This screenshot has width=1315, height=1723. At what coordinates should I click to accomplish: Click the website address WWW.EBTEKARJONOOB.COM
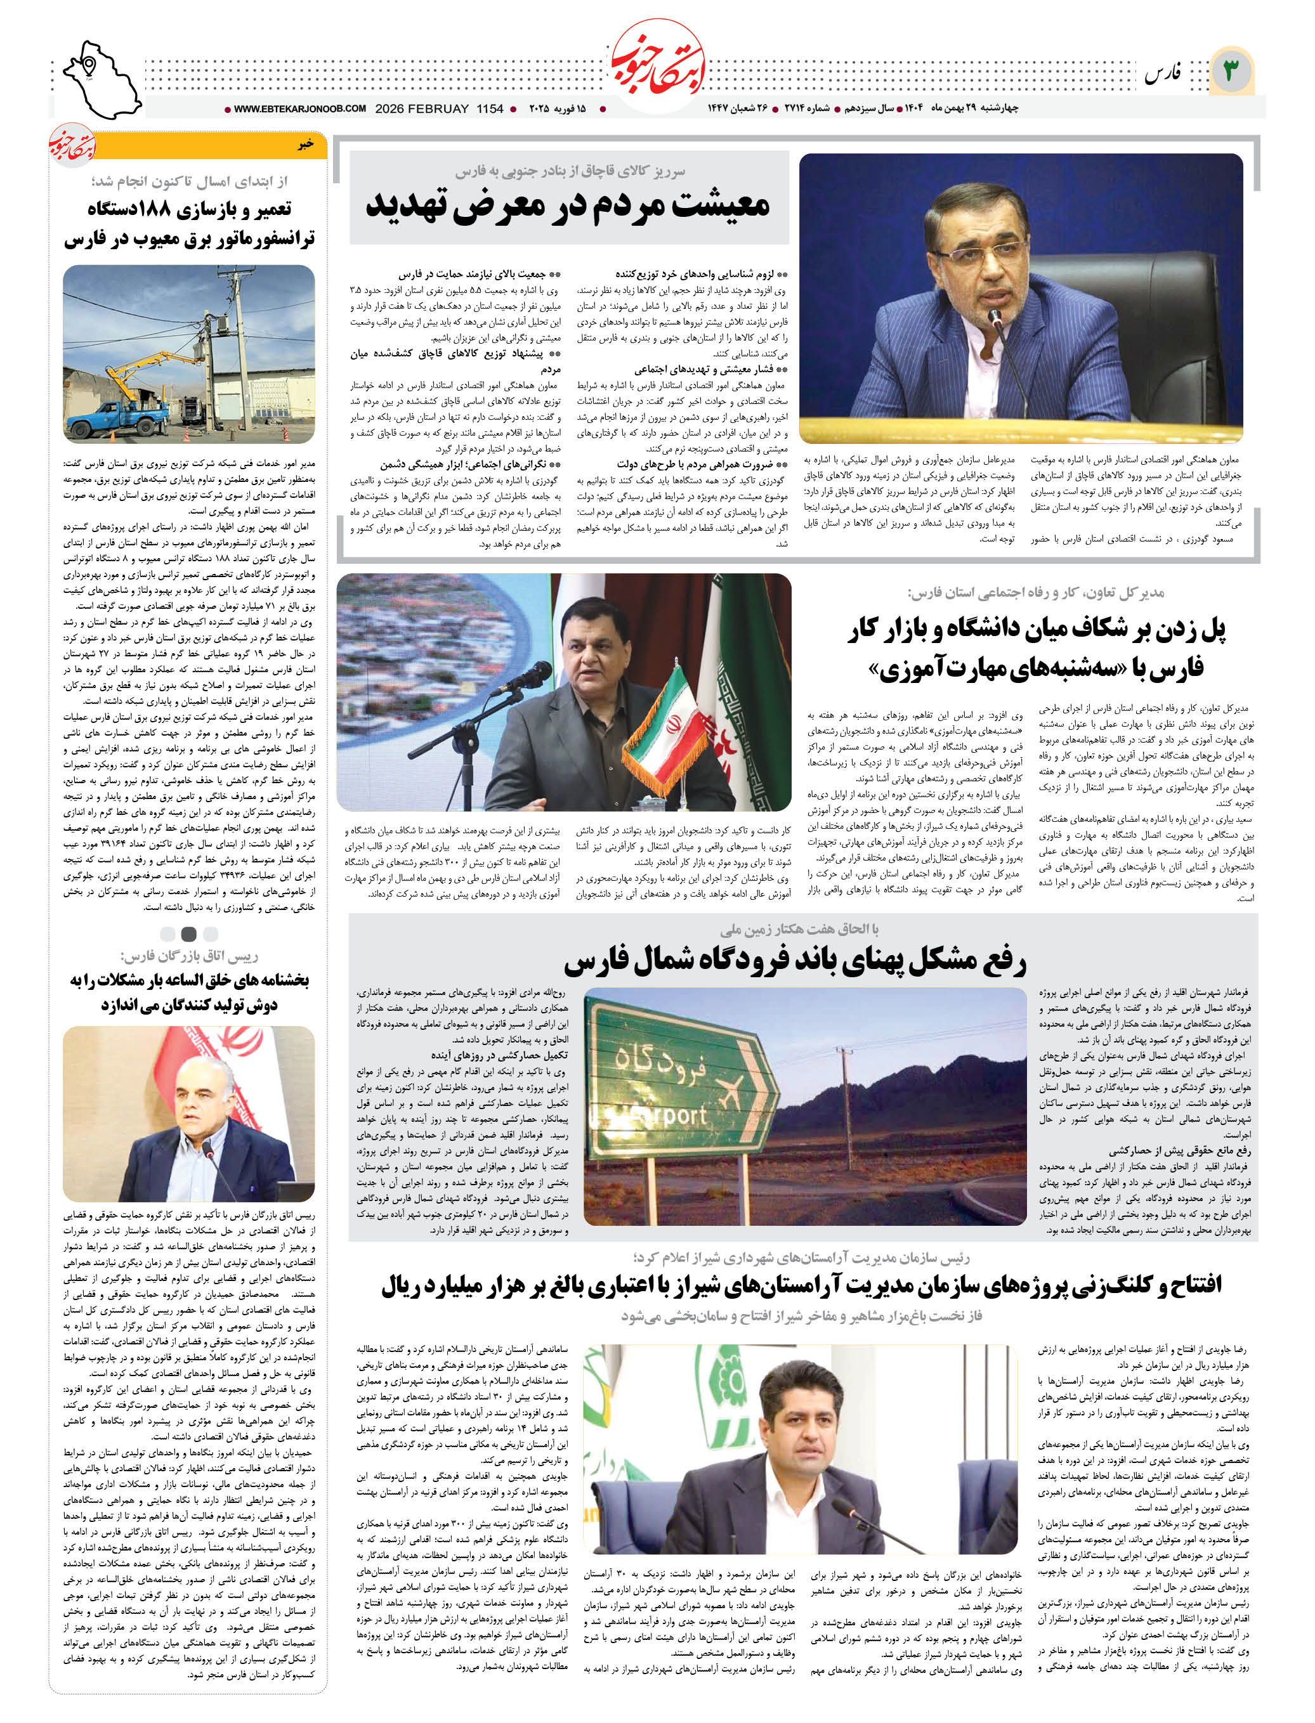click(300, 109)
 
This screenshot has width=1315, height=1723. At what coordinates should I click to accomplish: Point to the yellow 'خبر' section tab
click(305, 146)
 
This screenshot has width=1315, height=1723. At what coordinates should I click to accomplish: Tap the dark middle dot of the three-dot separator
click(188, 933)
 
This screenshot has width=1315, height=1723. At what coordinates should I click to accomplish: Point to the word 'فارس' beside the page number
click(1162, 74)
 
